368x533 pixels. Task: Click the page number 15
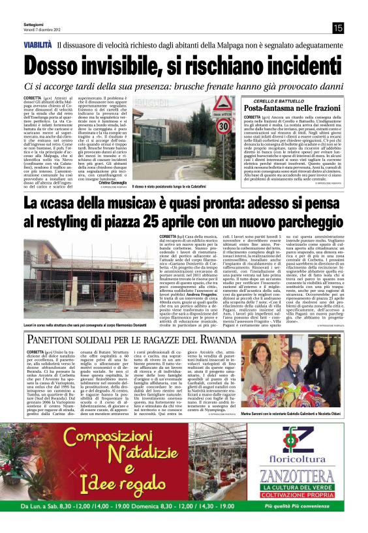[x=338, y=27]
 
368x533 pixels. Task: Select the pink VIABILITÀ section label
[x=38, y=45]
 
